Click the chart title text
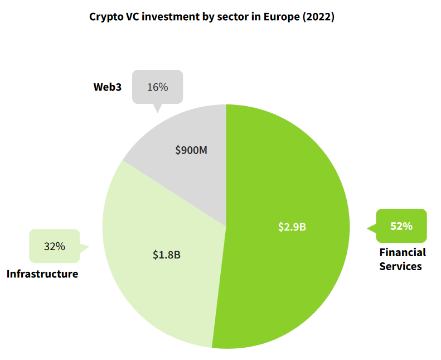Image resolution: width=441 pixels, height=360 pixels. coord(212,17)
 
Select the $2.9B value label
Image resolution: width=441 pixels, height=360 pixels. coord(292,227)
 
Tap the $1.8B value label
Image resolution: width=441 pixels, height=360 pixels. coord(167,255)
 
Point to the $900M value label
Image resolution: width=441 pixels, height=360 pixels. coord(191,150)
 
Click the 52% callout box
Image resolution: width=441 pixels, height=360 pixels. coord(401,226)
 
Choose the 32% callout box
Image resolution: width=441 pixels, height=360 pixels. coord(54,246)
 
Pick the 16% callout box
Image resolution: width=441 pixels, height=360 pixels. coord(157,87)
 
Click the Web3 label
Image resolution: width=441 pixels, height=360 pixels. coord(107,87)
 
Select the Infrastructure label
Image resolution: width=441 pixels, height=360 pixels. coord(42,274)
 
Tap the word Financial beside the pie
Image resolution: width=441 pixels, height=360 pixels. coord(403,252)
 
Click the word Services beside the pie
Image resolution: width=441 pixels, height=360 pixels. coord(400,266)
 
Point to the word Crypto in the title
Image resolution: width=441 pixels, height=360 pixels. coord(105,17)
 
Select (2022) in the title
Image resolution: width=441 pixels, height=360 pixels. coord(318,17)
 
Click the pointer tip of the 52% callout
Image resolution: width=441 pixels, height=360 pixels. coord(367,228)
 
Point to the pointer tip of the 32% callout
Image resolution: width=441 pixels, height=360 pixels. coord(89,246)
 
